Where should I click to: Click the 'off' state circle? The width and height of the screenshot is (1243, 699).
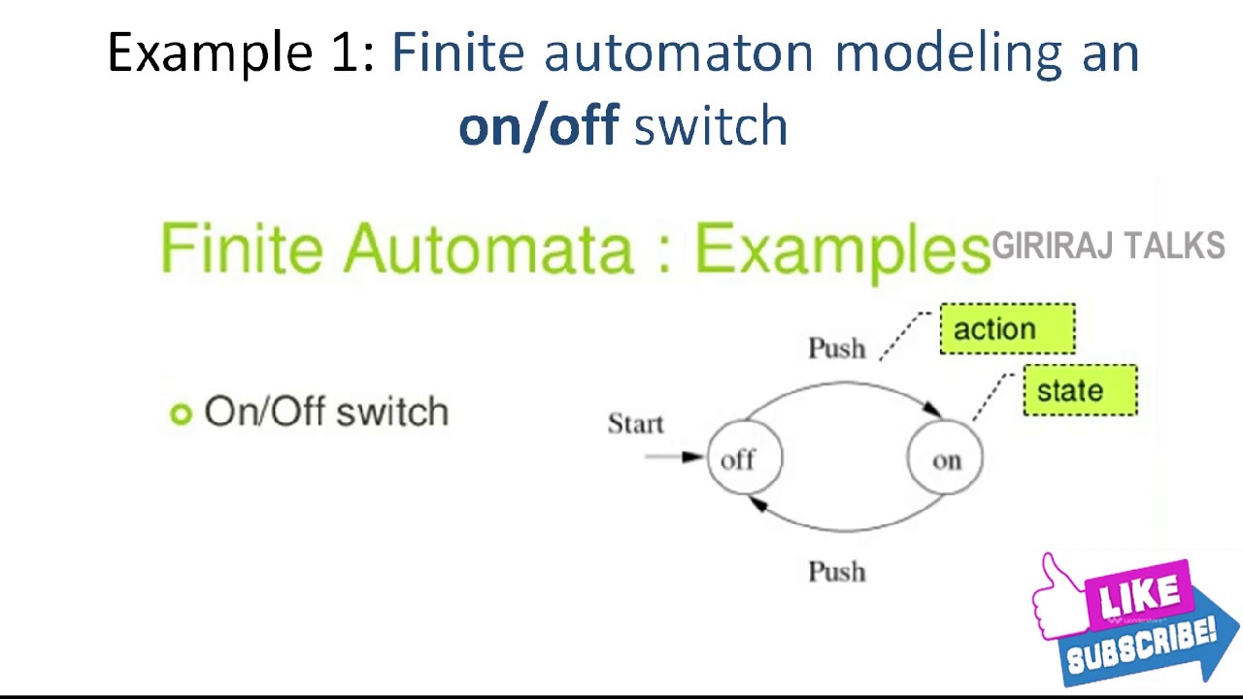coord(744,458)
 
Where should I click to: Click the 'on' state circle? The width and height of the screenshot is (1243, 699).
coord(945,458)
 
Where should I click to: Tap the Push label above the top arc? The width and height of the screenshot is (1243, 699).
coord(836,348)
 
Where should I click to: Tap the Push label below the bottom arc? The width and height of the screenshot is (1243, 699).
coord(836,571)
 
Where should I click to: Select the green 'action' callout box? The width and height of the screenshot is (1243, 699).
coord(1007,329)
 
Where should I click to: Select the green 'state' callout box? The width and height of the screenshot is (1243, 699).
coord(1080,390)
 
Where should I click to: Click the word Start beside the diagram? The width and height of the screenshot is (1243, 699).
coord(635,424)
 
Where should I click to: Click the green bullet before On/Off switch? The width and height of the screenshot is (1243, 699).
coord(181,415)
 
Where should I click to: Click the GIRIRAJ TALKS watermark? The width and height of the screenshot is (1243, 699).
coord(1108,247)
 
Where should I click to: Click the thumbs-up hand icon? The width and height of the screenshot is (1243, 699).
coord(1058,592)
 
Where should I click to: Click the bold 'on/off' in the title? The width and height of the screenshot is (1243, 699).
coord(538,126)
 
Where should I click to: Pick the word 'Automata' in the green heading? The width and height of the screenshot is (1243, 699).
coord(487,249)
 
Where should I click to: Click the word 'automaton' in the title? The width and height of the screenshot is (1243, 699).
coord(678,52)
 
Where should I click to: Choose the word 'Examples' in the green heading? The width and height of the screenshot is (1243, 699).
coord(841,250)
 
